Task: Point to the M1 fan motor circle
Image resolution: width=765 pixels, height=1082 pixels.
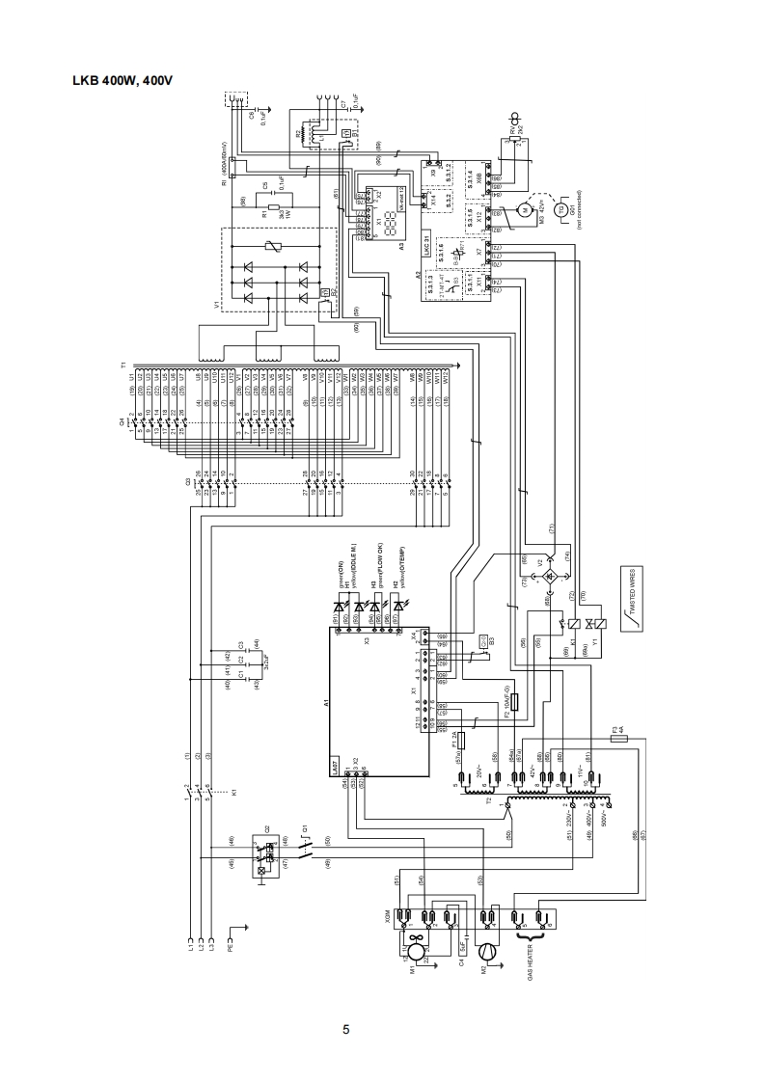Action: [x=415, y=952]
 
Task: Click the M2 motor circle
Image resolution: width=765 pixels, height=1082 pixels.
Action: [x=489, y=951]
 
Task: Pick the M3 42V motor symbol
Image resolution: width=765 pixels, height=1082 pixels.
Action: [x=526, y=208]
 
